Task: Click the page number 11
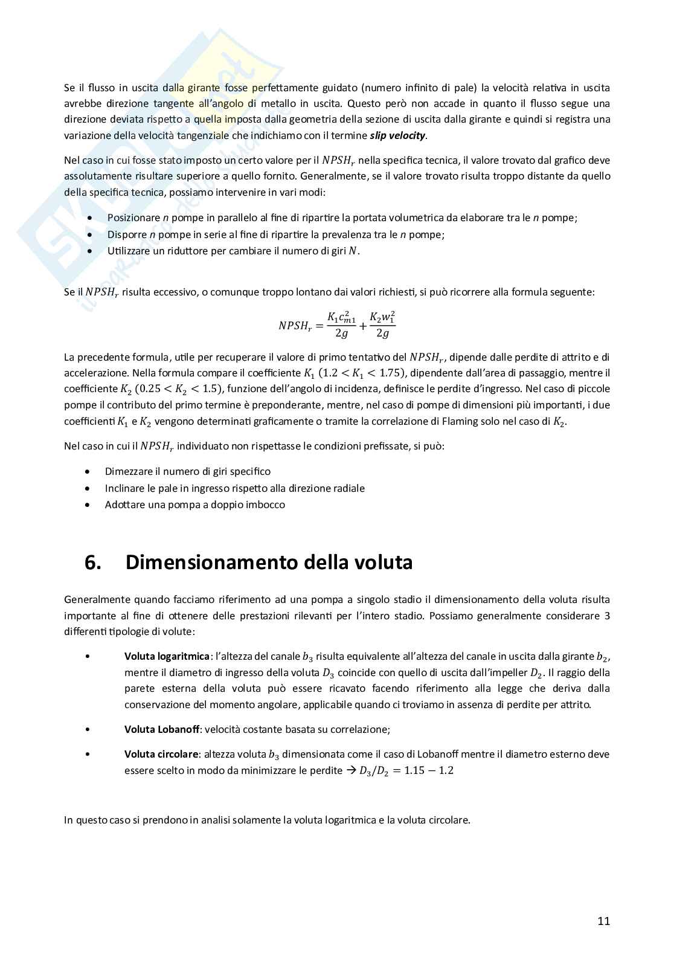[603, 921]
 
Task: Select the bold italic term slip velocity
[397, 135]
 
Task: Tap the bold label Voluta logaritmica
[167, 656]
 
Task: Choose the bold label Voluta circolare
[161, 754]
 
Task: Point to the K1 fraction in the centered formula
[341, 325]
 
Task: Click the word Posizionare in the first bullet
[133, 218]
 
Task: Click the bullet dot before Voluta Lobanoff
[88, 729]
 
